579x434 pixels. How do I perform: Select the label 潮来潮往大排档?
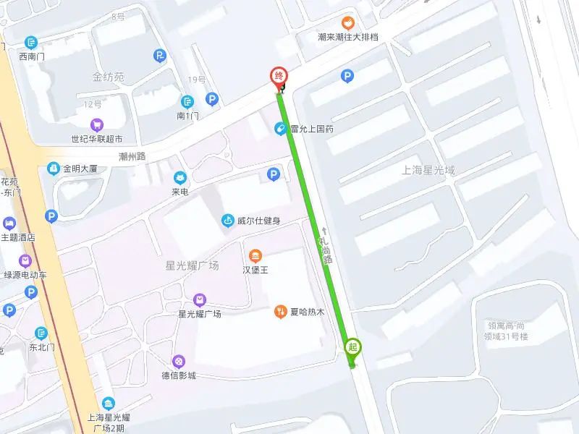pyautogui.click(x=348, y=37)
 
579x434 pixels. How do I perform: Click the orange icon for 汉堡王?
pyautogui.click(x=255, y=255)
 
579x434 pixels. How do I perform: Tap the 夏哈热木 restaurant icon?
pyautogui.click(x=280, y=312)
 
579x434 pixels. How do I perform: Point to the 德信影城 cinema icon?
pyautogui.click(x=179, y=361)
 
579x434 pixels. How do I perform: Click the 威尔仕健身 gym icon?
pyautogui.click(x=227, y=221)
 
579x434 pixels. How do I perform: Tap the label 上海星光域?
pyautogui.click(x=429, y=171)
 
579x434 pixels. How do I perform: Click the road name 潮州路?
pyautogui.click(x=132, y=156)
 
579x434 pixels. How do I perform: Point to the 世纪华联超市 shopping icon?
pyautogui.click(x=96, y=124)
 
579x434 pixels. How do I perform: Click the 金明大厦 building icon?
pyautogui.click(x=53, y=169)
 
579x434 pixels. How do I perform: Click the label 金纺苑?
pyautogui.click(x=109, y=76)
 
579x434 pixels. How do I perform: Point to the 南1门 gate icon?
pyautogui.click(x=187, y=102)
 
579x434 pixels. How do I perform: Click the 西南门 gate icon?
pyautogui.click(x=31, y=43)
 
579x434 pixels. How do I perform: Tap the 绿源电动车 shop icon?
pyautogui.click(x=26, y=260)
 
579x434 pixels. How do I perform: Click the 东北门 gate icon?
pyautogui.click(x=41, y=333)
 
